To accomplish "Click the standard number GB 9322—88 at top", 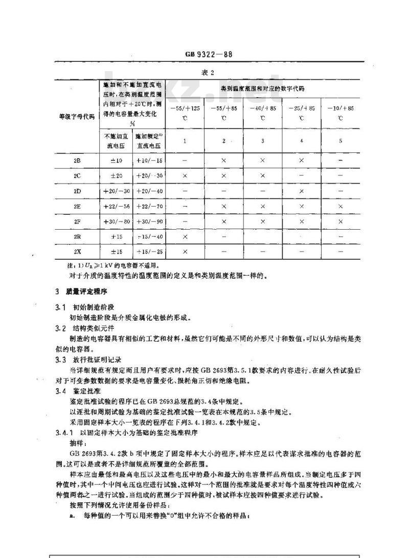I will tap(209, 54).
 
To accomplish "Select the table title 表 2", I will tap(209, 72).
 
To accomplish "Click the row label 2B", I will tap(77, 161).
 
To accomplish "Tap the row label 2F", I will tap(77, 222).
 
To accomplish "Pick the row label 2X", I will tap(77, 252).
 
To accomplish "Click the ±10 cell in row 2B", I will tap(116, 161).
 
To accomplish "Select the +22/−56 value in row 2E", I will tap(116, 207).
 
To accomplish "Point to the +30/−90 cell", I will tap(149, 222).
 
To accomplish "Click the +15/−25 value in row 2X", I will tap(149, 252).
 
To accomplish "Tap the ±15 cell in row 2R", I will tap(116, 237).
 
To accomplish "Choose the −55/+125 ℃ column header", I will tap(185, 113).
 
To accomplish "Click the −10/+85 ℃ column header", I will tap(340, 113).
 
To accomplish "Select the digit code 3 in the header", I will tap(262, 141).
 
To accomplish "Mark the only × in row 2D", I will tap(301, 191).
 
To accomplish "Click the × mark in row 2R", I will tap(185, 237).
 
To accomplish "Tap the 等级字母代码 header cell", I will tap(77, 117).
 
